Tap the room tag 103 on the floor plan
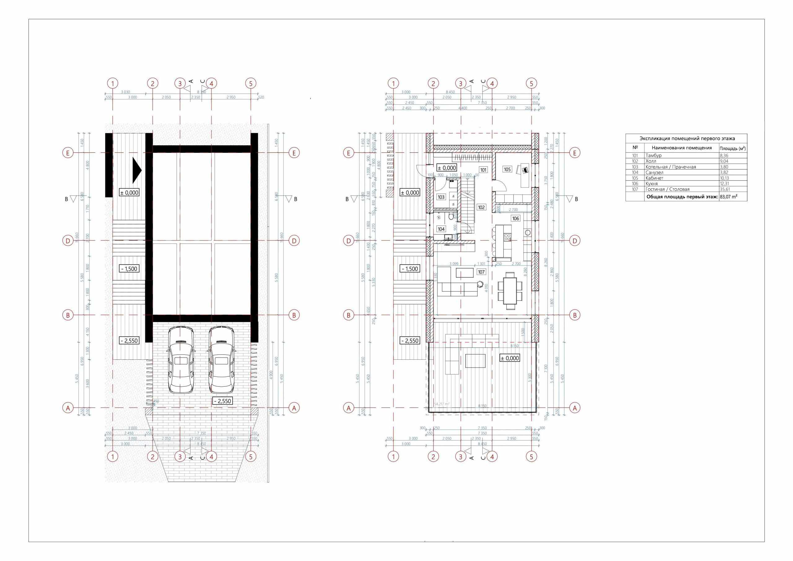pyautogui.click(x=441, y=197)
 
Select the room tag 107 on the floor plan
pyautogui.click(x=481, y=272)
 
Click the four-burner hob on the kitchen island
pyautogui.click(x=507, y=237)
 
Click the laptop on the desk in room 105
pyautogui.click(x=525, y=170)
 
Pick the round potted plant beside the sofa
pyautogui.click(x=480, y=284)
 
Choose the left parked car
pyautogui.click(x=180, y=360)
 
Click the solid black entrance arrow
pyautogui.click(x=137, y=170)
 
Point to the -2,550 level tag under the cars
pyautogui.click(x=222, y=401)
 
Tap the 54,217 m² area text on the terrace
pyautogui.click(x=441, y=404)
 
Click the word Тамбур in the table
pyautogui.click(x=654, y=156)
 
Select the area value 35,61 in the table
pyautogui.click(x=725, y=189)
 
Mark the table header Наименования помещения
pyautogui.click(x=681, y=148)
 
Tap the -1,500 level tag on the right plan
pyautogui.click(x=410, y=269)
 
